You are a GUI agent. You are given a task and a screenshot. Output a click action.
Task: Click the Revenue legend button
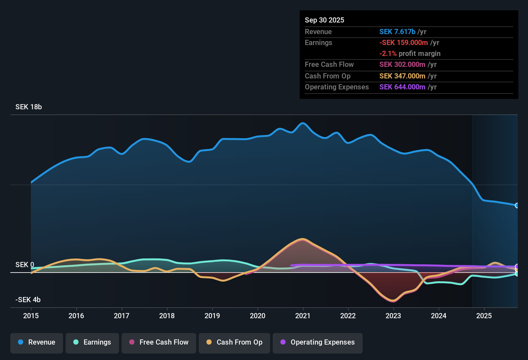[37, 342]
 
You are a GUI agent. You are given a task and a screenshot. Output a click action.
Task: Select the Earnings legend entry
[92, 342]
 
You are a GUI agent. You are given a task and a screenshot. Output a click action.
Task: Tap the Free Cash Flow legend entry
[159, 342]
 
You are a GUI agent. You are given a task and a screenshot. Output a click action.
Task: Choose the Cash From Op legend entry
[234, 342]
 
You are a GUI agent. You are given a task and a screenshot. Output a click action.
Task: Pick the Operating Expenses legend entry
[318, 342]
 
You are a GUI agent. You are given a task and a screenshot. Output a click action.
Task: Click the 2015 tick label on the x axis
[31, 316]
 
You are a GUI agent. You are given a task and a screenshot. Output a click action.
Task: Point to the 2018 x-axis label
[167, 316]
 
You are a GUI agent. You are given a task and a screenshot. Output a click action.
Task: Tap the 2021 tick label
[303, 316]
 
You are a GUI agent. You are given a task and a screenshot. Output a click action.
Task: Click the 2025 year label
[484, 316]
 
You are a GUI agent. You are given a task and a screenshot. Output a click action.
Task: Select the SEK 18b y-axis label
[29, 107]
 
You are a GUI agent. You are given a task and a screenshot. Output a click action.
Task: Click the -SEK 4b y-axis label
[28, 300]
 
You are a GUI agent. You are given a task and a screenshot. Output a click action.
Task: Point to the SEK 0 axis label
[25, 265]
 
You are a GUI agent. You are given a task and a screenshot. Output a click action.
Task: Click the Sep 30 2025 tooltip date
[324, 20]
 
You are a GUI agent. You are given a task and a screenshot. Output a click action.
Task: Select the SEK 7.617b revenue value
[397, 32]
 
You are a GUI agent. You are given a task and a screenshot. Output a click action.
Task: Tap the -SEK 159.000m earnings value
[404, 43]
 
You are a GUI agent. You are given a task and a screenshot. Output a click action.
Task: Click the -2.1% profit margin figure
[388, 54]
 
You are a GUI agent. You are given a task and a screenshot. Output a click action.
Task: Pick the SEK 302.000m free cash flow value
[402, 65]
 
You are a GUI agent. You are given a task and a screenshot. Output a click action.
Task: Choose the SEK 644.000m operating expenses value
[402, 87]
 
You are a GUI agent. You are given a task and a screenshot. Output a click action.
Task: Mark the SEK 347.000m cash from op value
[402, 76]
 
